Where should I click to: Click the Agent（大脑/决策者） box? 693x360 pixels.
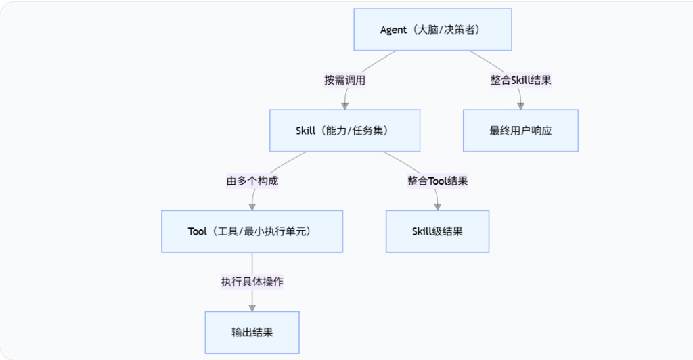pyautogui.click(x=433, y=30)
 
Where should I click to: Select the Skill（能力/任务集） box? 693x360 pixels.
pyautogui.click(x=344, y=131)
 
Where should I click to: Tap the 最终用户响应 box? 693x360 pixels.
pyautogui.click(x=520, y=131)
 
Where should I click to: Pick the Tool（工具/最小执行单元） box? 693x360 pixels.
pyautogui.click(x=252, y=231)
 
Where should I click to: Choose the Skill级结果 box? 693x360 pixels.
pyautogui.click(x=437, y=231)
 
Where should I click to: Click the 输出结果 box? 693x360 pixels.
pyautogui.click(x=252, y=332)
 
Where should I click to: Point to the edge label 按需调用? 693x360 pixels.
pyautogui.click(x=344, y=80)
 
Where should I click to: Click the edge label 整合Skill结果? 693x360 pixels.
pyautogui.click(x=520, y=80)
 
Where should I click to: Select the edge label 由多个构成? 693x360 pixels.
pyautogui.click(x=252, y=181)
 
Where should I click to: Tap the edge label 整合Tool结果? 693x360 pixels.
pyautogui.click(x=437, y=181)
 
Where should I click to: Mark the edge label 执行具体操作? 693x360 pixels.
pyautogui.click(x=252, y=282)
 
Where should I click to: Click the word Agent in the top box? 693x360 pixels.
pyautogui.click(x=394, y=30)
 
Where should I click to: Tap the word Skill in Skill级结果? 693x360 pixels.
pyautogui.click(x=423, y=231)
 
